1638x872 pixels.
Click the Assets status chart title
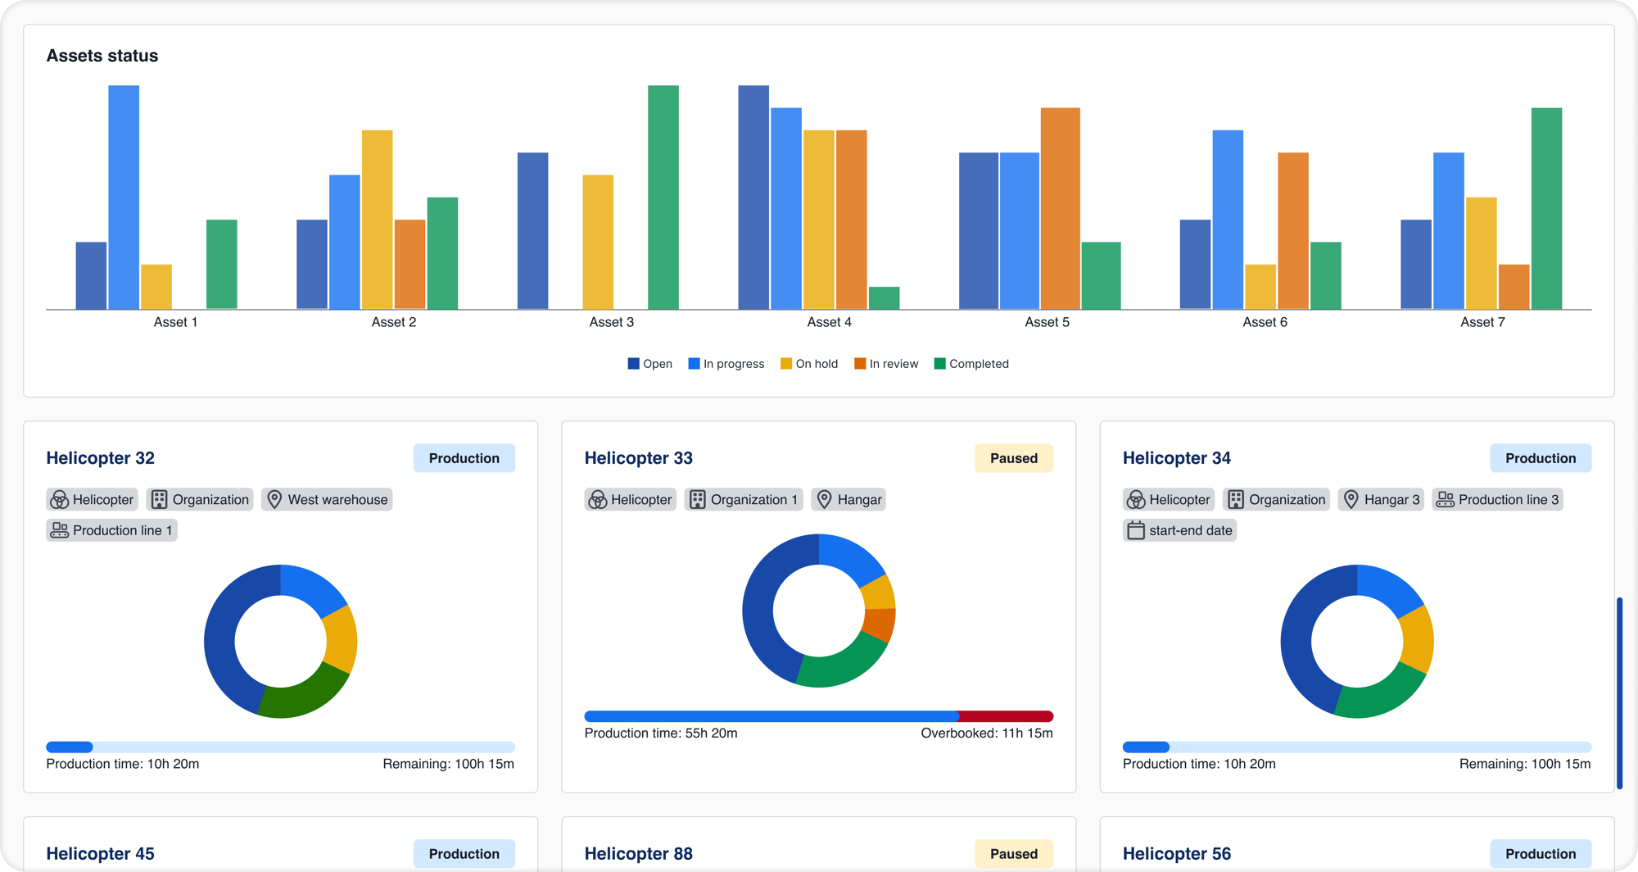[x=102, y=56]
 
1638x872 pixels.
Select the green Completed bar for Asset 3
[x=663, y=197]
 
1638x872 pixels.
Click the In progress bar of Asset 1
[x=124, y=197]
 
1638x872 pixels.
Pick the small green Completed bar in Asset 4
[x=884, y=298]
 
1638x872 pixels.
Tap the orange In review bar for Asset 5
[x=1060, y=208]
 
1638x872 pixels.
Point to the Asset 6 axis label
[x=1265, y=322]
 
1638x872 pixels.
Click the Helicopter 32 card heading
[x=101, y=458]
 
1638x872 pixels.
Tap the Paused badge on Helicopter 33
[x=1013, y=458]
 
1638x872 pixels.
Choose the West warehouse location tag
[x=327, y=500]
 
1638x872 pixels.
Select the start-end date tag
[x=1179, y=530]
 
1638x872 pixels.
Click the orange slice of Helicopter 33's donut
[x=880, y=624]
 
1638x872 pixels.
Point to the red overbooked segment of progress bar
[x=1005, y=716]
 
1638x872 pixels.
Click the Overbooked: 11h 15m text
[x=986, y=733]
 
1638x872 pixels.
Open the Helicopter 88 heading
[x=639, y=854]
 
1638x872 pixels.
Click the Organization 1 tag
[x=744, y=500]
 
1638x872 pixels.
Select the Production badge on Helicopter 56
[x=1540, y=854]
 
